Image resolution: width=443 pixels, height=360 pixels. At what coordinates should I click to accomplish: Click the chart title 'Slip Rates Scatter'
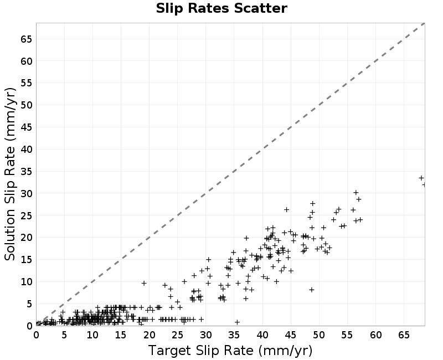tap(221, 8)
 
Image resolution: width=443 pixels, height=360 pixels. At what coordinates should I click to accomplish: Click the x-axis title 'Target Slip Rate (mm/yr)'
tap(230, 351)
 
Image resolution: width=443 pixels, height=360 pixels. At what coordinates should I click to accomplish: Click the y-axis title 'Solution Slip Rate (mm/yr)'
tap(10, 174)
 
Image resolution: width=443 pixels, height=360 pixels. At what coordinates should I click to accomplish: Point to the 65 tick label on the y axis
tap(26, 39)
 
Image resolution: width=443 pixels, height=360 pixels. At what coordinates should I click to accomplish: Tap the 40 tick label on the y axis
tap(26, 149)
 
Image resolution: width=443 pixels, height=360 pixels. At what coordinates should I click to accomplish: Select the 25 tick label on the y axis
tap(26, 215)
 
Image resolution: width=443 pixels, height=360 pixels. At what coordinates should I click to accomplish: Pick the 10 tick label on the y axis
tap(26, 282)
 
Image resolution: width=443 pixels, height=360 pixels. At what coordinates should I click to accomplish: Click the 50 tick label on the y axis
tap(26, 105)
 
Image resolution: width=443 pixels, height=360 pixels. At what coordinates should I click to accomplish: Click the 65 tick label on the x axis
tap(404, 335)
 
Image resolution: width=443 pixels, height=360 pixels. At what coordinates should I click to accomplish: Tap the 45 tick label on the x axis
tap(291, 335)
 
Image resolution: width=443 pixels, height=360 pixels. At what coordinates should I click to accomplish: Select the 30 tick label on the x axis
tap(206, 335)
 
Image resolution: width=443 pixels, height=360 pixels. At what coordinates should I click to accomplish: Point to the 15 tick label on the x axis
tap(121, 335)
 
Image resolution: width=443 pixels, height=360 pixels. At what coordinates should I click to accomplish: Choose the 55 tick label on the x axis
tap(347, 335)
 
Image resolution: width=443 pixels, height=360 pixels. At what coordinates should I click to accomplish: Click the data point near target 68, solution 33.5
tap(421, 178)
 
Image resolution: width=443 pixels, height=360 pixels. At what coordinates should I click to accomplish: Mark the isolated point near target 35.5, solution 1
tap(238, 322)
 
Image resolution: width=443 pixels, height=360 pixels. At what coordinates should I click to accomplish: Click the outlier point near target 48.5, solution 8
tap(312, 290)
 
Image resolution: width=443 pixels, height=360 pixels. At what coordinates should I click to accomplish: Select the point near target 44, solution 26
tap(286, 210)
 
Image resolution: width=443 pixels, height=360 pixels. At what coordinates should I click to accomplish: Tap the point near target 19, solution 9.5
tap(144, 283)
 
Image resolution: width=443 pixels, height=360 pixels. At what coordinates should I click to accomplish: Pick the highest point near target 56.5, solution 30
tap(356, 192)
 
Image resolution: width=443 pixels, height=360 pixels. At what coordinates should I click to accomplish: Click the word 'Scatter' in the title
tap(260, 8)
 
